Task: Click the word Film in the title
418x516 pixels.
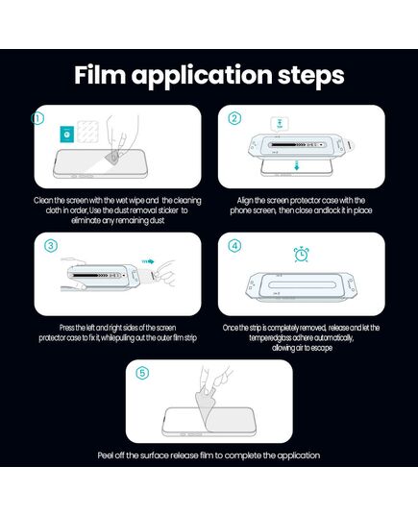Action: [x=100, y=75]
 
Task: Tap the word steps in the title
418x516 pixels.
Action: [x=310, y=76]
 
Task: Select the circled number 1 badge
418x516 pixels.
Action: [x=37, y=118]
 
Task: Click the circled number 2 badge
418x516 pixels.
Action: [x=234, y=118]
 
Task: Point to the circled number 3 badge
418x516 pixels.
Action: [x=50, y=245]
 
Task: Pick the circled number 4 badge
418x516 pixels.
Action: [x=234, y=245]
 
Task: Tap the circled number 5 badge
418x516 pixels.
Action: [x=142, y=373]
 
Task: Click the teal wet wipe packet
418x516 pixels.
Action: [x=67, y=134]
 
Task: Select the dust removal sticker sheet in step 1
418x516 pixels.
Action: [x=87, y=131]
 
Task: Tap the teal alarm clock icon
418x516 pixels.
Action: [x=301, y=254]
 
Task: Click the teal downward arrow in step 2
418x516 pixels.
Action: [x=297, y=165]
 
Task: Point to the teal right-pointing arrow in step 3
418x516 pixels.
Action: [x=148, y=261]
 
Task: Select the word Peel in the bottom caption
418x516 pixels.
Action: [x=106, y=455]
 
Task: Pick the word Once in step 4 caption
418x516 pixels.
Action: [x=231, y=328]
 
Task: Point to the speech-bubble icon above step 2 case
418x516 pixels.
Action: [x=280, y=124]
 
